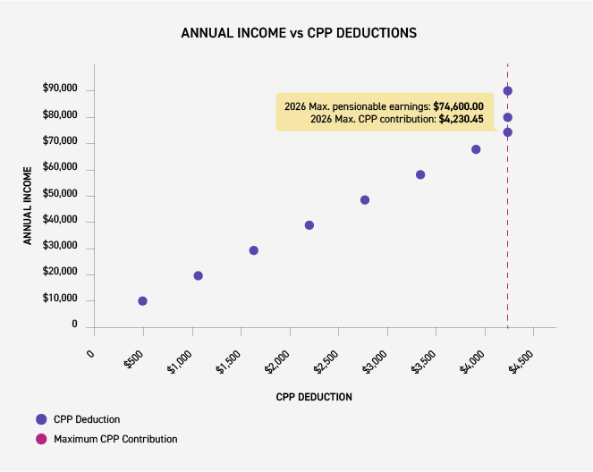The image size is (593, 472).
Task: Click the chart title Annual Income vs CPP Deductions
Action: coord(298,33)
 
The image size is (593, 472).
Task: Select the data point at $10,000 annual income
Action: coord(142,301)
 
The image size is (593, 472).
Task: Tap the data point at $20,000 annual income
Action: coord(198,275)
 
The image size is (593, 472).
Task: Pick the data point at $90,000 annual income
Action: coord(507,90)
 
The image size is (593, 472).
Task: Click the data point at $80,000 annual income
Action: coord(507,117)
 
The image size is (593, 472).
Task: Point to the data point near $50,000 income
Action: coord(365,199)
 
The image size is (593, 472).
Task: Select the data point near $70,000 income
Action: coord(476,149)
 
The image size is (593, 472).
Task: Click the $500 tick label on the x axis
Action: coord(132,359)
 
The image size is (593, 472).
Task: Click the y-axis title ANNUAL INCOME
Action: coord(29,205)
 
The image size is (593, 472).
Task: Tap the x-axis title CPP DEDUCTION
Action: coord(313,397)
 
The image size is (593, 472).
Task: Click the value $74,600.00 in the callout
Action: coord(458,106)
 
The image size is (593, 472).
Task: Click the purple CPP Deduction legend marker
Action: coord(40,419)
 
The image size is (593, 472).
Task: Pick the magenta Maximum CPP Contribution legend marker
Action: coord(40,439)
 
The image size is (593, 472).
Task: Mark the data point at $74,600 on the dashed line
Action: coord(507,132)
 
